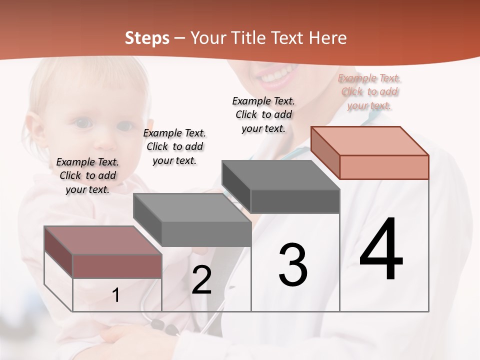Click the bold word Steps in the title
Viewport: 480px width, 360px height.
(x=147, y=38)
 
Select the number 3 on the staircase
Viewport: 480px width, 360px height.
(x=293, y=265)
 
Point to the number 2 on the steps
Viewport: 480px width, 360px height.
(x=201, y=280)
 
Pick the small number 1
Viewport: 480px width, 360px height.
(x=115, y=295)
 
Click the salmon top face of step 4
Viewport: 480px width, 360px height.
(x=370, y=140)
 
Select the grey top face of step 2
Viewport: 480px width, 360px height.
(x=192, y=207)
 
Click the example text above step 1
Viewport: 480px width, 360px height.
(x=87, y=175)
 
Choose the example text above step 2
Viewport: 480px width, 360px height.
(x=174, y=146)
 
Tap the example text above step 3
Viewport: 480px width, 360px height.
(x=263, y=114)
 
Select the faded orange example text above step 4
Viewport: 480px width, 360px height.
(x=369, y=91)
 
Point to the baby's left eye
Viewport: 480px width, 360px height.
(x=83, y=122)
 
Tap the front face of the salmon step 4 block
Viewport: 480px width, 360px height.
(x=384, y=167)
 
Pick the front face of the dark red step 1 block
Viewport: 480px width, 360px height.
(x=117, y=266)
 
